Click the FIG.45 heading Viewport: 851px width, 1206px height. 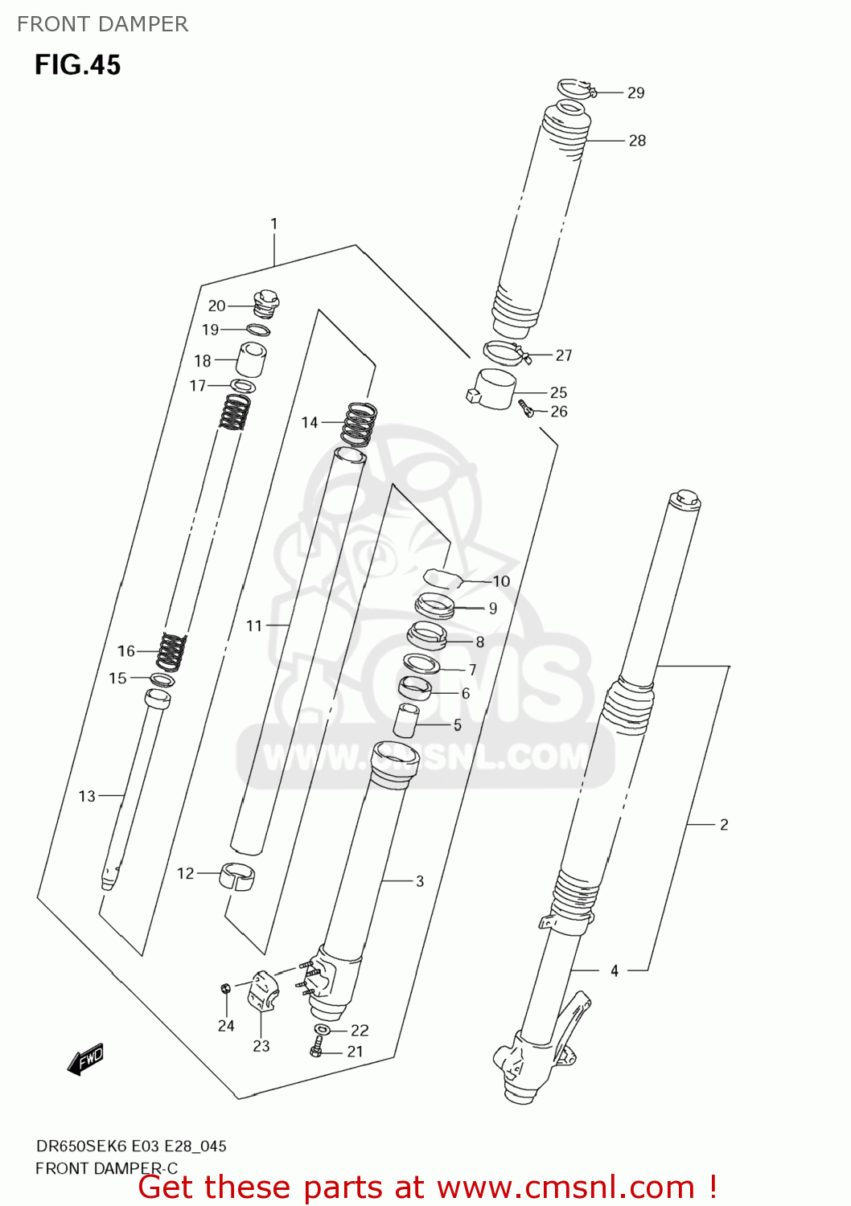pos(77,64)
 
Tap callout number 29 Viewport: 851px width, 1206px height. pos(636,93)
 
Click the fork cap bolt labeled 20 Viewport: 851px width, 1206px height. pos(266,304)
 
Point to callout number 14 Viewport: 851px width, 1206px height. pos(310,422)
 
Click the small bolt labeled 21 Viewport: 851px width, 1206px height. pos(316,1048)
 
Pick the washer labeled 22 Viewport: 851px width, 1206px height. pos(322,1030)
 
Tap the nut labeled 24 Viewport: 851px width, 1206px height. pos(226,988)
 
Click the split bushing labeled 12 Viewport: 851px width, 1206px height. pos(236,875)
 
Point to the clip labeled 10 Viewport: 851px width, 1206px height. pos(441,577)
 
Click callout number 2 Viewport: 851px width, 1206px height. pos(724,824)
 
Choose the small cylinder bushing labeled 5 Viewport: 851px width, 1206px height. pos(406,720)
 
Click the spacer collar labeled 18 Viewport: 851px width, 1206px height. pos(252,359)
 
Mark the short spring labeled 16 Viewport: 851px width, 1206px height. pos(171,650)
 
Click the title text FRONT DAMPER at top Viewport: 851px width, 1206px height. pos(102,24)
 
